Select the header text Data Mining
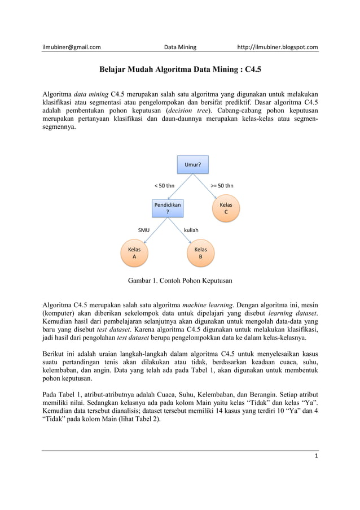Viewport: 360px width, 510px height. point(179,47)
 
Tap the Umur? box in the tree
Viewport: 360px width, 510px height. point(193,165)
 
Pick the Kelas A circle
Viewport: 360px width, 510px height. point(134,252)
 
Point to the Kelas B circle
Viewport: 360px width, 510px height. point(200,252)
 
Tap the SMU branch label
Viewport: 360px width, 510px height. point(144,230)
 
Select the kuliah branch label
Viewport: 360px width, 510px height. point(191,230)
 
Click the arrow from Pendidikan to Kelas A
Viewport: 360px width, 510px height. point(152,230)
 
